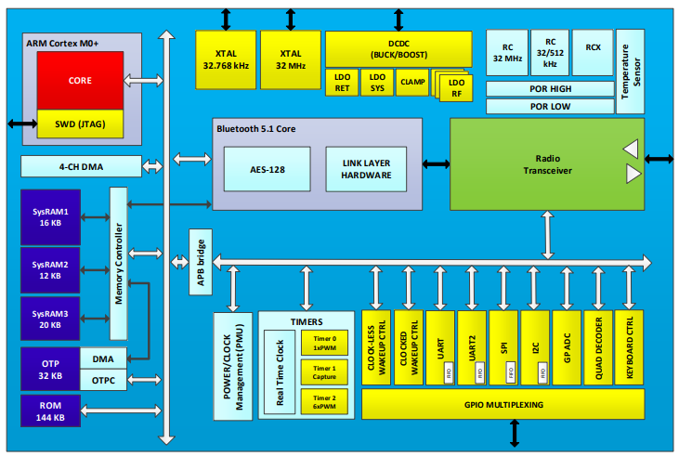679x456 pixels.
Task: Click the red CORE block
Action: [79, 81]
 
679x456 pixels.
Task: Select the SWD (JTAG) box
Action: [79, 124]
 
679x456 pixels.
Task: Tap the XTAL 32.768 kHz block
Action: [225, 59]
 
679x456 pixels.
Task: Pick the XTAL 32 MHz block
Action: [289, 59]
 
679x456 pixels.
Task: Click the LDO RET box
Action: [342, 82]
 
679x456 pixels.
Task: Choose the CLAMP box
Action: [411, 82]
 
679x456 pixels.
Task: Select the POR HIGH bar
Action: [550, 88]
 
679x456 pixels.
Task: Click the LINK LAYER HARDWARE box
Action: [366, 169]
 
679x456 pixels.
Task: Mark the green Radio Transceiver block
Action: [546, 163]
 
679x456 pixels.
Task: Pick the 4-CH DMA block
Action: [81, 166]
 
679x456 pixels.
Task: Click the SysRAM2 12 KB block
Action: [50, 270]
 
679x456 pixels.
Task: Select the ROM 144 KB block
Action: [50, 411]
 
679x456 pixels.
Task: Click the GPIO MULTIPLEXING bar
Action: [502, 404]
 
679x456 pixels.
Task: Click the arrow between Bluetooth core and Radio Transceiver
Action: [436, 164]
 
